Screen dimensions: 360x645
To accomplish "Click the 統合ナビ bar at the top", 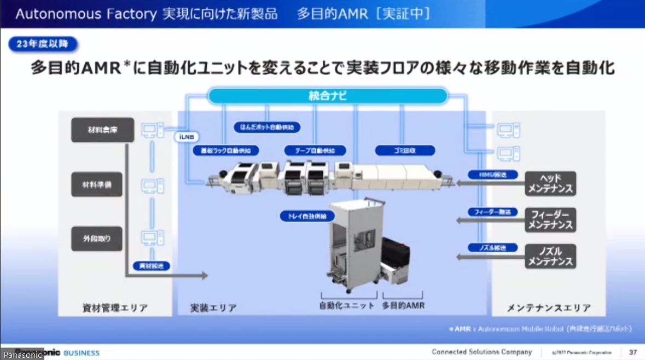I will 328,97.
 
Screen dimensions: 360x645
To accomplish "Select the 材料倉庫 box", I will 102,130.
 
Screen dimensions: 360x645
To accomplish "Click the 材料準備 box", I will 97,185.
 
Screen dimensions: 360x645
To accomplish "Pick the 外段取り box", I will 97,239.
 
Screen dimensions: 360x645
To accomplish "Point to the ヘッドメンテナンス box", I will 550,184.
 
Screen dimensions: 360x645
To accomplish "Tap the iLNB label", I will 187,137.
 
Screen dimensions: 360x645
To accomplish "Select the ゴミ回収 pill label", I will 405,150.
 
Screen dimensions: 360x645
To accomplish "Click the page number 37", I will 633,352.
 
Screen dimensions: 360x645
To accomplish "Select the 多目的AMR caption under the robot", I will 403,305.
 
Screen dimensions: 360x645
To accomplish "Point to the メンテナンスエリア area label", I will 548,307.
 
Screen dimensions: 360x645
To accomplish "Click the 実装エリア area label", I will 213,307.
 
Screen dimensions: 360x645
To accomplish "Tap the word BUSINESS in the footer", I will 82,353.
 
